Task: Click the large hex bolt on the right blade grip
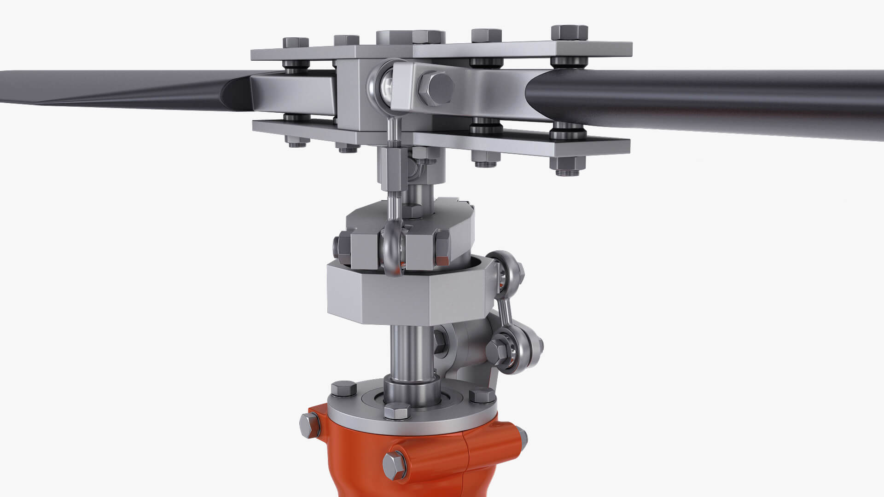pyautogui.click(x=436, y=87)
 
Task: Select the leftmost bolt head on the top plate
pyautogui.click(x=295, y=43)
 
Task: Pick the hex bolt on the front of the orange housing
pyautogui.click(x=395, y=465)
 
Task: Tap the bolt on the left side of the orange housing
pyautogui.click(x=309, y=425)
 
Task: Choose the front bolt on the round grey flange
pyautogui.click(x=396, y=411)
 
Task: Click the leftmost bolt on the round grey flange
pyautogui.click(x=343, y=389)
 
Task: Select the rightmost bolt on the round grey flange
pyautogui.click(x=482, y=395)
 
